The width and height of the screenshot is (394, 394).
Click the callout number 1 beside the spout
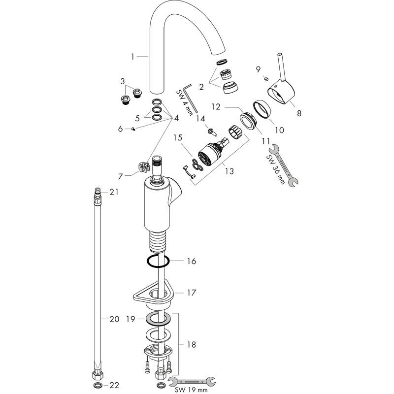pyautogui.click(x=132, y=57)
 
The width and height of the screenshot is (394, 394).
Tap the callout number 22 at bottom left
pyautogui.click(x=114, y=385)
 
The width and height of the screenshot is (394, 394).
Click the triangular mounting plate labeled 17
pyautogui.click(x=152, y=294)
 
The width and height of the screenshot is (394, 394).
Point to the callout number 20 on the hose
pyautogui.click(x=114, y=319)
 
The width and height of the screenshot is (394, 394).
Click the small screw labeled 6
pyautogui.click(x=133, y=129)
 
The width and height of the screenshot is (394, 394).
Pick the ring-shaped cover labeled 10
pyautogui.click(x=262, y=109)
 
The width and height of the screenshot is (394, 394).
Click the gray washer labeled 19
pyautogui.click(x=158, y=319)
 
